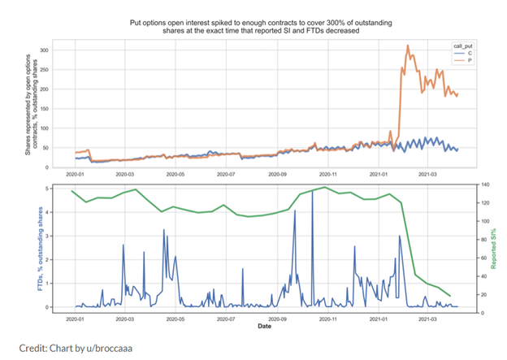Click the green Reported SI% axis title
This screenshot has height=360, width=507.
point(492,248)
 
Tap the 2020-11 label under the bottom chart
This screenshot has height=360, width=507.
point(329,319)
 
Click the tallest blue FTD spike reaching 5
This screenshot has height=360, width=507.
point(313,189)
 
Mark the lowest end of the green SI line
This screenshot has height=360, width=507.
point(450,295)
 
